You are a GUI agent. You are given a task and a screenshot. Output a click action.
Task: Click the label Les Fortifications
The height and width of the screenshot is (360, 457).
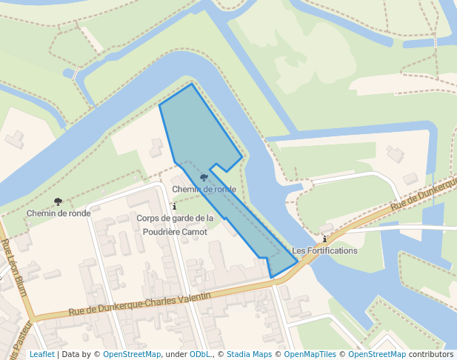point(324,250)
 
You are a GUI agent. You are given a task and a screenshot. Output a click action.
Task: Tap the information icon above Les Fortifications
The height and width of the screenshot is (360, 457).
point(324,239)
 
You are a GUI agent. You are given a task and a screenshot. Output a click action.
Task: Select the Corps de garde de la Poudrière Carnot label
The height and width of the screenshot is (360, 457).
point(175,224)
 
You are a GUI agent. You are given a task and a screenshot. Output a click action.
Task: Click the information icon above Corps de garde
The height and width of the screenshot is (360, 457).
point(173,206)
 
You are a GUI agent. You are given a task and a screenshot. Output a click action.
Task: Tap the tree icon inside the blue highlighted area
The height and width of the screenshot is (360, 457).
point(204,178)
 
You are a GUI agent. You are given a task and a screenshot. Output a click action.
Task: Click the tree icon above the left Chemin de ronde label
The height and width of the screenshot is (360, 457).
point(58,201)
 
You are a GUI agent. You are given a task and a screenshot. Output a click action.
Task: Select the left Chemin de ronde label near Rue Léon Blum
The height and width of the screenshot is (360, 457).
point(58,213)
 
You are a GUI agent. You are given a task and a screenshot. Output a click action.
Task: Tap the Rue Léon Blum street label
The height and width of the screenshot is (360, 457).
point(15,267)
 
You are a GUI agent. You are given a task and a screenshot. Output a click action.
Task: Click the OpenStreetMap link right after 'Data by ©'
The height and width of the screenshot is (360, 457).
point(132,355)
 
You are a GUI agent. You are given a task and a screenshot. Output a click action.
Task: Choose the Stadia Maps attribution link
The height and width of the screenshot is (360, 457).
point(249,355)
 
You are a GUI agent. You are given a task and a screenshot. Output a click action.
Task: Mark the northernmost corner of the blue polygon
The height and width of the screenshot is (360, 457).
point(192,84)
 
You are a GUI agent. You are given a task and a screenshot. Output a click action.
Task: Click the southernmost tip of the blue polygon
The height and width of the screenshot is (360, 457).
point(272,279)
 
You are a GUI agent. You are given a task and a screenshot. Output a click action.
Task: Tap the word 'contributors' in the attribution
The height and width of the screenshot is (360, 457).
point(431,355)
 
